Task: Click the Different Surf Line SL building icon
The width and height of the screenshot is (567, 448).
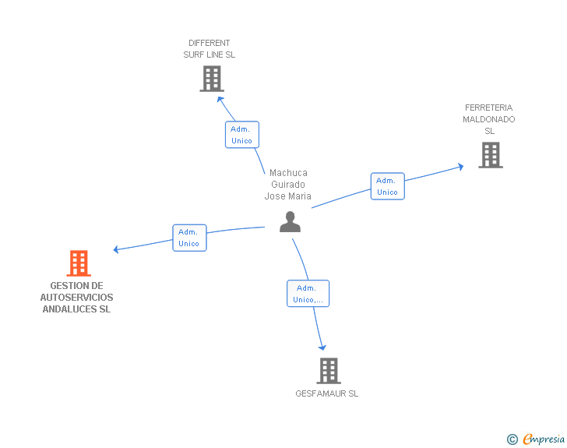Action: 212,79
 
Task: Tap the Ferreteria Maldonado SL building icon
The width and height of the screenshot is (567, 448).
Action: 490,155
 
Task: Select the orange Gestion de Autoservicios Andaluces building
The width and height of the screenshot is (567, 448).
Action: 79,263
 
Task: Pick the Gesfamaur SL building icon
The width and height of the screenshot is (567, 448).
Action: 329,371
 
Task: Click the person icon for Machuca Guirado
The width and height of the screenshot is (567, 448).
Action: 290,222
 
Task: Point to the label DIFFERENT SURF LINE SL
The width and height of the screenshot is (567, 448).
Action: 209,49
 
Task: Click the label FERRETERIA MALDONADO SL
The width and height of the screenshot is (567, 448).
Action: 489,119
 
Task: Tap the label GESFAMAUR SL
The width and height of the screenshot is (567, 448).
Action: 327,393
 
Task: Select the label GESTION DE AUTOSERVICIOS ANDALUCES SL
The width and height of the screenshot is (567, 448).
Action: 76,298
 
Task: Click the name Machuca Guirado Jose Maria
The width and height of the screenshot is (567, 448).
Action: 288,185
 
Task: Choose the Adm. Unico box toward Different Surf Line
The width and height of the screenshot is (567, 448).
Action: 241,135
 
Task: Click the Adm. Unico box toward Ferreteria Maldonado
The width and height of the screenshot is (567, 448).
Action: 387,186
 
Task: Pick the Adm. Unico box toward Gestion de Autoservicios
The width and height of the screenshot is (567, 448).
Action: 189,238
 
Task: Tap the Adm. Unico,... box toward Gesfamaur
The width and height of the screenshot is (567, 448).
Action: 308,294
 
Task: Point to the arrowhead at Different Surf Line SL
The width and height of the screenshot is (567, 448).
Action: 220,97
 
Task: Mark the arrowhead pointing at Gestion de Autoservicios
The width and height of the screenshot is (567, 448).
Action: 116,250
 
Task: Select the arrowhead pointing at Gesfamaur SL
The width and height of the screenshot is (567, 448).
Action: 322,348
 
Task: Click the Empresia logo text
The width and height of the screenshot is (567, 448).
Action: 544,439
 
